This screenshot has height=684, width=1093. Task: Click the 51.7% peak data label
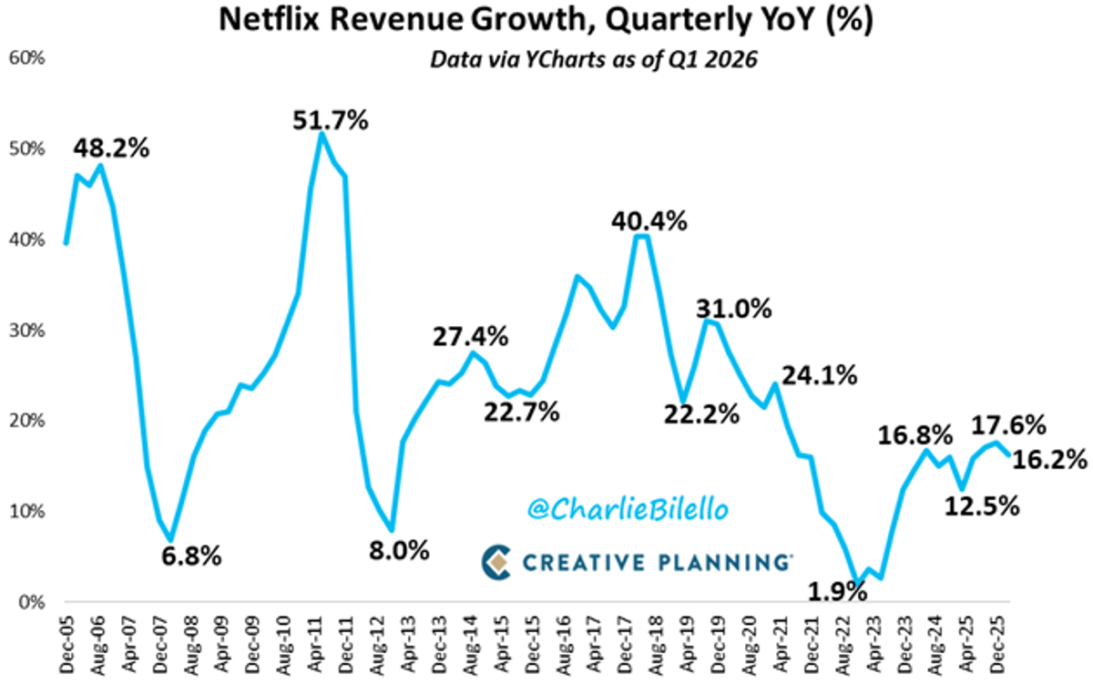click(331, 119)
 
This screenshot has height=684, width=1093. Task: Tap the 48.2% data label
click(112, 148)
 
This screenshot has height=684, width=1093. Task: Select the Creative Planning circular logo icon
click(496, 562)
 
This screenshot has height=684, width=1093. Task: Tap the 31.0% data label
click(734, 309)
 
